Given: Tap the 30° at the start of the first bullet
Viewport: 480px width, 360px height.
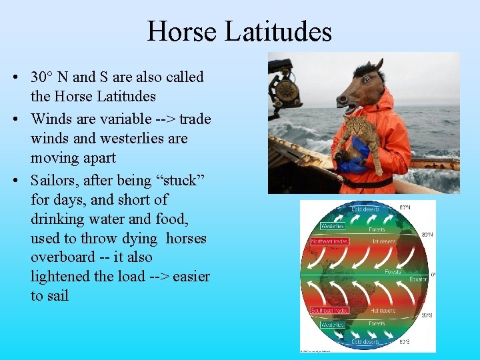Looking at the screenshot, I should click(x=43, y=77).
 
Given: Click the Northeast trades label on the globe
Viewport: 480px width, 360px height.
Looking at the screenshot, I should click(x=330, y=241).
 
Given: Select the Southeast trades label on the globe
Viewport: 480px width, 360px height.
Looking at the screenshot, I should click(x=330, y=311).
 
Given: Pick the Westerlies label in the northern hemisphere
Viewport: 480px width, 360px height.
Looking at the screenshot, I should click(x=333, y=225).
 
